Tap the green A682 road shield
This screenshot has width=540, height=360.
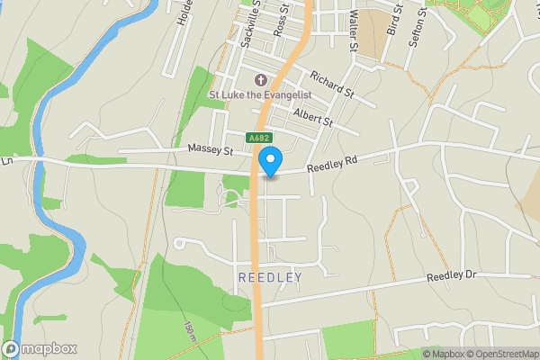click(x=259, y=138)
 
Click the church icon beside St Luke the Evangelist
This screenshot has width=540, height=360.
click(x=261, y=80)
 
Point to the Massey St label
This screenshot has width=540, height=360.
click(x=211, y=147)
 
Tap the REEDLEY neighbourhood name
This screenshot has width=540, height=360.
click(x=270, y=278)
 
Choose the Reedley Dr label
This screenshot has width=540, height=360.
click(x=451, y=275)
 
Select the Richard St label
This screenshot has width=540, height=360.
click(x=332, y=85)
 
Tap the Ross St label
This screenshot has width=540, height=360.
click(x=282, y=18)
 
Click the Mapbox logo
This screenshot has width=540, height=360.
click(x=40, y=348)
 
